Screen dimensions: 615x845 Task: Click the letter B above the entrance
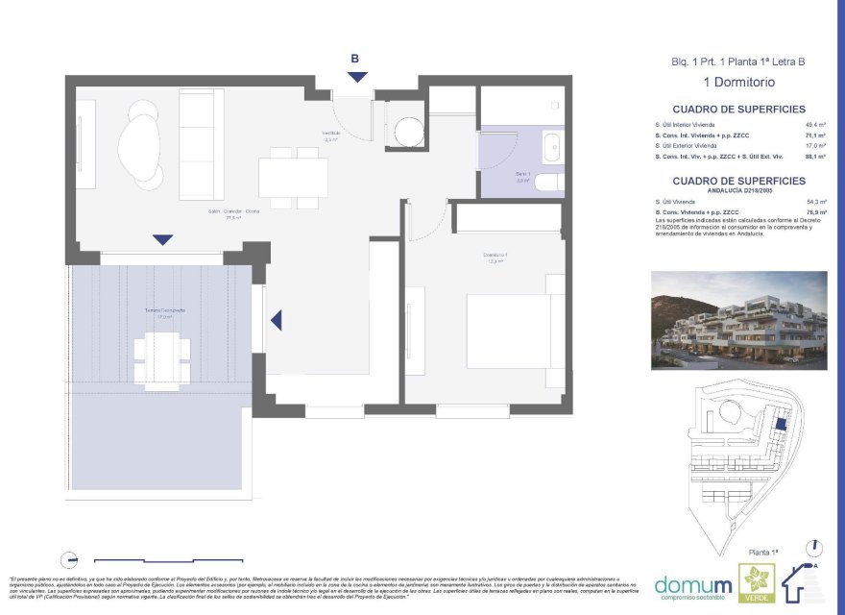pyautogui.click(x=355, y=59)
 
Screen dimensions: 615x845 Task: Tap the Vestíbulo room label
pyautogui.click(x=331, y=135)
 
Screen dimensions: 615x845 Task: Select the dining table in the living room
pyautogui.click(x=293, y=178)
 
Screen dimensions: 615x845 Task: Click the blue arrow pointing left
pyautogui.click(x=277, y=320)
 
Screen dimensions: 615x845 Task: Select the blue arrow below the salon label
pyautogui.click(x=162, y=239)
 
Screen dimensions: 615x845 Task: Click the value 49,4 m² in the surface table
pyautogui.click(x=816, y=126)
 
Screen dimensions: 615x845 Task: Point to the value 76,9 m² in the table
pyautogui.click(x=816, y=212)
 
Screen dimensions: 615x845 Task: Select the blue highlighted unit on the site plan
pyautogui.click(x=781, y=424)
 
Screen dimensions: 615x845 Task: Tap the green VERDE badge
pyautogui.click(x=754, y=584)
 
